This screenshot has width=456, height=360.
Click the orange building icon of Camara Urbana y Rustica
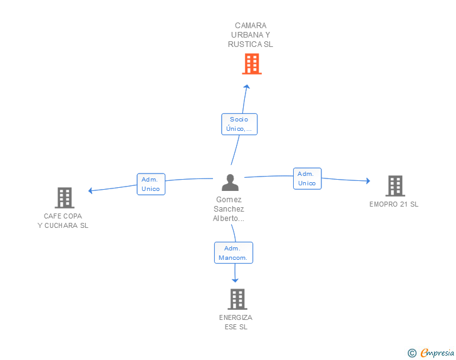251,64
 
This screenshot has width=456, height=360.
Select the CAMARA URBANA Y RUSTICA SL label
251,35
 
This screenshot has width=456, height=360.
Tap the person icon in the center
231,183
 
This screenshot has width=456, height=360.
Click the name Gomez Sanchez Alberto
229,209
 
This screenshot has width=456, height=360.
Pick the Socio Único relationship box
239,124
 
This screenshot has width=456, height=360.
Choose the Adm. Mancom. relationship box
234,253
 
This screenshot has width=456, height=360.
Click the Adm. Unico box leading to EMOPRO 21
307,178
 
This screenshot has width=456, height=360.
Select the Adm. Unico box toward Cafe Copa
151,184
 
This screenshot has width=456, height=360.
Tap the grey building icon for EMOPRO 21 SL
395,186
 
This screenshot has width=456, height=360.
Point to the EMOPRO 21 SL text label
394,204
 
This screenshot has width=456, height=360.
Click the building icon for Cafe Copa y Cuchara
65,198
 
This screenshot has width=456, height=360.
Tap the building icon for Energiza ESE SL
237,299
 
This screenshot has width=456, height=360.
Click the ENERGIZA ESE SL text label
236,322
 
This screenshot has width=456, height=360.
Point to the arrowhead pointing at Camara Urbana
247,87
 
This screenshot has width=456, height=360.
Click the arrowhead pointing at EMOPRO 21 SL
368,181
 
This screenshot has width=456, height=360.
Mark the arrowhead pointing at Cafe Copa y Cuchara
91,190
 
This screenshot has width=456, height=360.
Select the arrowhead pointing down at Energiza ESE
236,280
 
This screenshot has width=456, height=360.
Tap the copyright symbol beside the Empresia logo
412,353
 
